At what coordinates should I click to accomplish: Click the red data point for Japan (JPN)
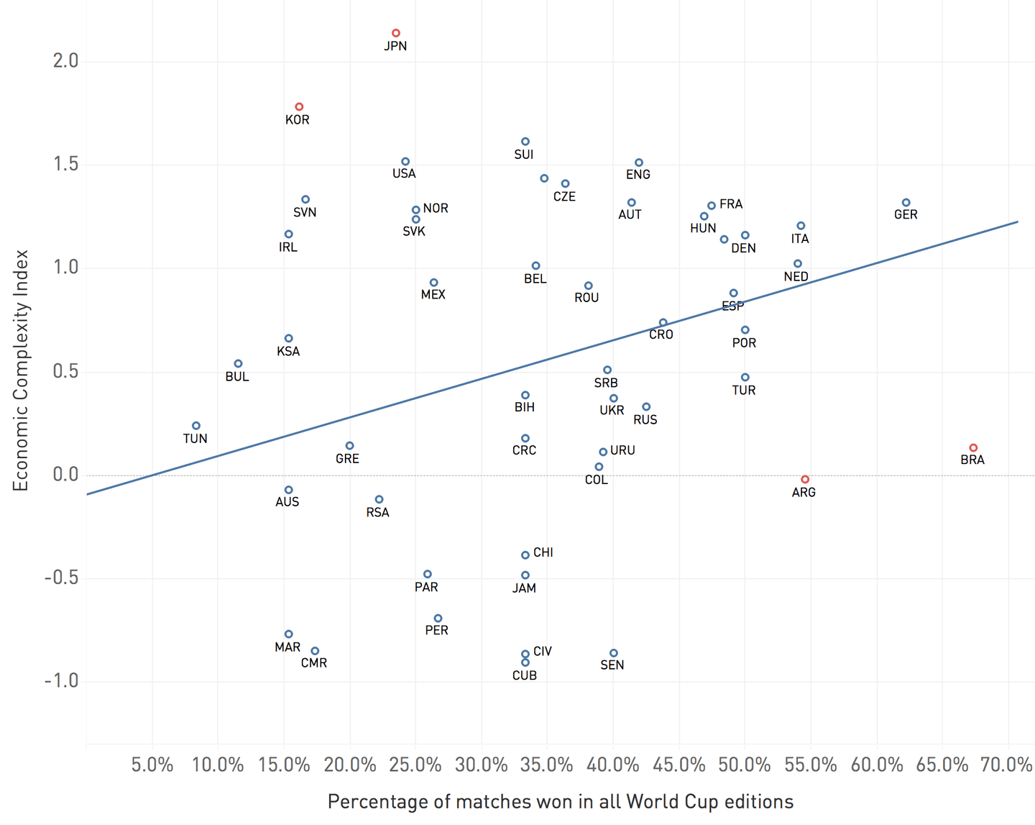395,33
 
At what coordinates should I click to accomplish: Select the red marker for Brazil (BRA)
973,447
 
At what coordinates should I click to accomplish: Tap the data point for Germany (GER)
906,203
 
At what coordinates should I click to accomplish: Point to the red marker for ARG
805,479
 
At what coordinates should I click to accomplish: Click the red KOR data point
299,106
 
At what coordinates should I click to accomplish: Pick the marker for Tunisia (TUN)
196,426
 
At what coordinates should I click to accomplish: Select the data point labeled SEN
613,653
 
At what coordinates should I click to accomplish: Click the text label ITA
800,239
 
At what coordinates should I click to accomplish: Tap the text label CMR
314,663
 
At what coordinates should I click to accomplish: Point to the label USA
404,174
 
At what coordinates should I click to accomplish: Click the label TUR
744,391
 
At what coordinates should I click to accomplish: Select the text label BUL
237,377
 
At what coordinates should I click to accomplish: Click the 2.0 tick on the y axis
65,61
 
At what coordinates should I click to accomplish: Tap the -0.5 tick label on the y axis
61,578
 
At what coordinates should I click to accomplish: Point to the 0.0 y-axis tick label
65,475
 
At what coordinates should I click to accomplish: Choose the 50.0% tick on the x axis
745,765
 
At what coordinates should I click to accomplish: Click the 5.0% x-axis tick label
152,765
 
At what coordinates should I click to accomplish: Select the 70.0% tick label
1007,765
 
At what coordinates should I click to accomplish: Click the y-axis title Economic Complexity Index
21,370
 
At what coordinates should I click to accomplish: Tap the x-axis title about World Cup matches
561,802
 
